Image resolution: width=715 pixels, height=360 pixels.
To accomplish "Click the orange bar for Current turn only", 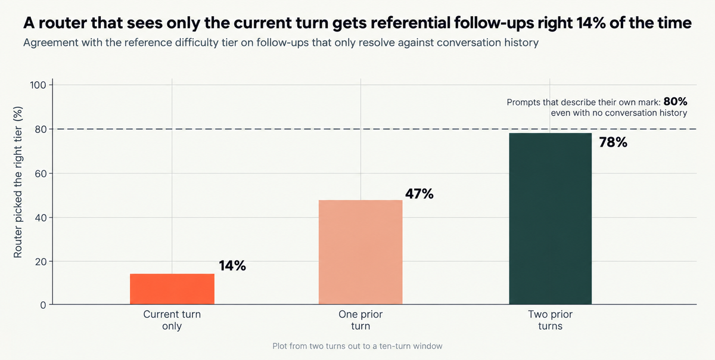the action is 172,288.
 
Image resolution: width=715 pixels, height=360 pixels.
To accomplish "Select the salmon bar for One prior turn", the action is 360,252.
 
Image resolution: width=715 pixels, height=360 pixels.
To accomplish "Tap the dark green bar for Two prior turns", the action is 551,219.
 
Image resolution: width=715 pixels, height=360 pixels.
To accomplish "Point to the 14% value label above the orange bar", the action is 232,266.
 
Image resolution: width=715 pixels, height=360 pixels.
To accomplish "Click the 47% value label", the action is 419,194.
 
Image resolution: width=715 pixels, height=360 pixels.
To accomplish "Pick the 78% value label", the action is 613,142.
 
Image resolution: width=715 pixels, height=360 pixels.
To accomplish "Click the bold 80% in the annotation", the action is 676,101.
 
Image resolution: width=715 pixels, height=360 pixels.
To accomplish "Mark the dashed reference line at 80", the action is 374,129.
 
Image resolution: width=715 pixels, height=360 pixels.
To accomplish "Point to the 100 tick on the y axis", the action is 38,85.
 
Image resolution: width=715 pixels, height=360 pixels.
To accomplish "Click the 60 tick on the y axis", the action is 41,173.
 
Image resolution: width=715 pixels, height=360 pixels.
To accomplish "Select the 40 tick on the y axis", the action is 41,218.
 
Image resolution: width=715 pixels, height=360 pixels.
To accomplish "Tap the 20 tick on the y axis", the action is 41,262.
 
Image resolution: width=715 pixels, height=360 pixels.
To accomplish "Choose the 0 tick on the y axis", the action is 43,305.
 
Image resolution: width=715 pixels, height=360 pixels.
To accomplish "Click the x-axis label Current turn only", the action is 172,320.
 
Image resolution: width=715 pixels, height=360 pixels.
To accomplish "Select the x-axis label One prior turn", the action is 360,320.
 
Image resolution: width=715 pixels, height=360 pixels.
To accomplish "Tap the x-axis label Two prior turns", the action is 551,320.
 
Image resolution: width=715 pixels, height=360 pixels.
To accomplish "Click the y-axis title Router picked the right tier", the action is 18,182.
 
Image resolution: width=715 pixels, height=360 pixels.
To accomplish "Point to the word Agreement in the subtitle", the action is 51,43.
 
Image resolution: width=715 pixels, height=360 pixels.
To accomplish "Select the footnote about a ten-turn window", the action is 357,346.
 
